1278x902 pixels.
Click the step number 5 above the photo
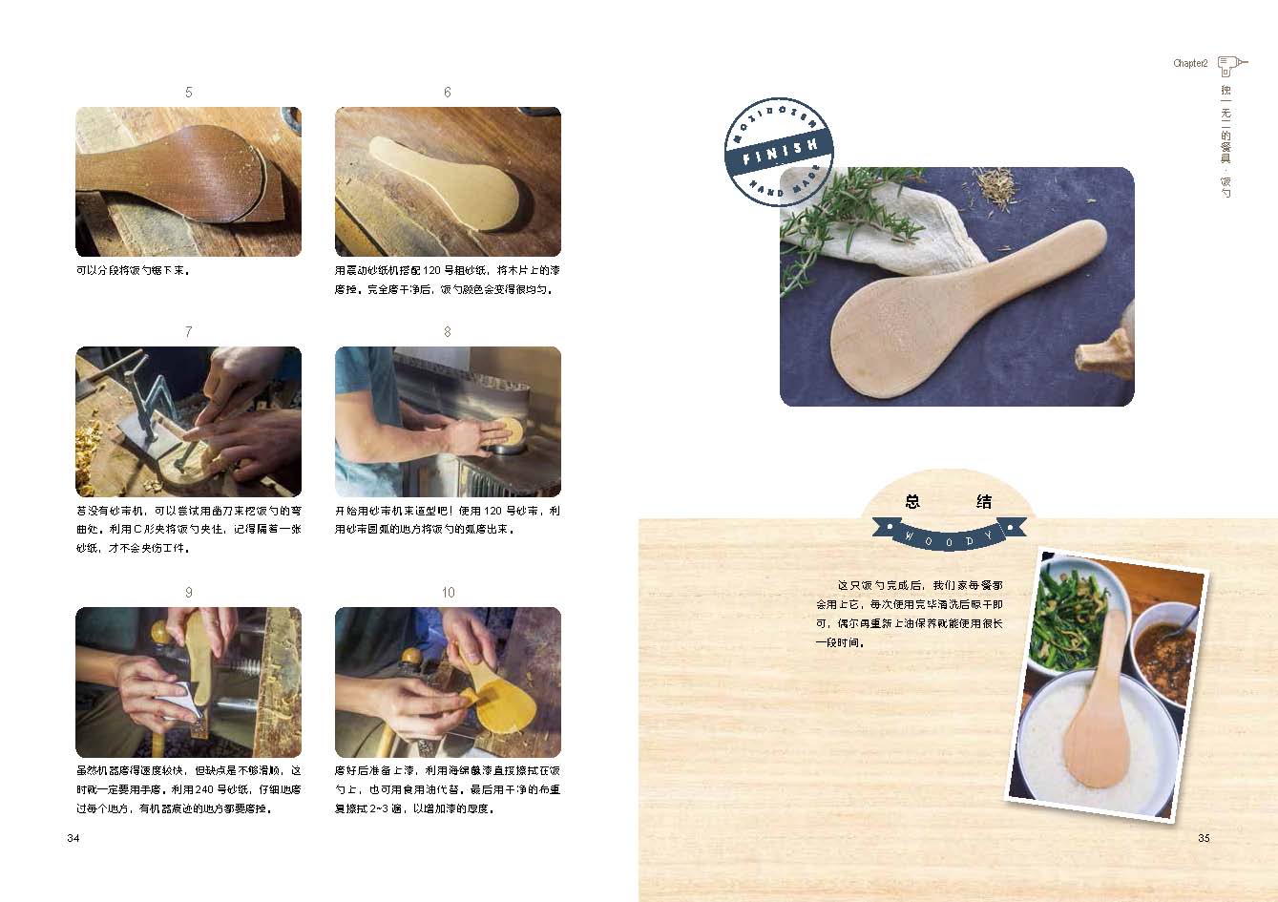tap(189, 93)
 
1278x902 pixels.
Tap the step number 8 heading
tap(448, 332)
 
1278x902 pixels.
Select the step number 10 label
tap(449, 593)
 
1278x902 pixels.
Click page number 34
tap(73, 838)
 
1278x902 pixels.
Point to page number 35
tap(1204, 838)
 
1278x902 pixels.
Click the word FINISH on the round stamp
tap(780, 152)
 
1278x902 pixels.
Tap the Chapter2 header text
tap(1190, 63)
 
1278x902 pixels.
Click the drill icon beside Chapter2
tap(1232, 66)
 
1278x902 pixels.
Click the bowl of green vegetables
tap(1073, 617)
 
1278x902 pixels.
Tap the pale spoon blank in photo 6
tap(445, 181)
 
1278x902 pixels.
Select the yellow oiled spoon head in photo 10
tap(502, 707)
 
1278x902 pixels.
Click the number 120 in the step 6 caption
tap(431, 270)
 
